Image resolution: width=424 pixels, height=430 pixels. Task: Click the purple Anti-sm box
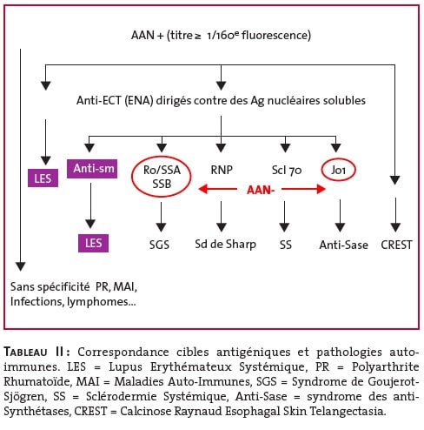(92, 169)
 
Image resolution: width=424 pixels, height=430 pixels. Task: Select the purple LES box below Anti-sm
(93, 243)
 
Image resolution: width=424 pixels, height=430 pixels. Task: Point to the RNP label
(222, 170)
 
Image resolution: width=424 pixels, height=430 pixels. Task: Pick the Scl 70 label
(287, 171)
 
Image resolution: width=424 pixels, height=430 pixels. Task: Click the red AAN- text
(261, 190)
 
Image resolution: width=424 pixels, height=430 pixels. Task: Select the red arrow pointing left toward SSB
(217, 189)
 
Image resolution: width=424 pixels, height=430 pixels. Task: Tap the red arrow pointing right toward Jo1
(303, 189)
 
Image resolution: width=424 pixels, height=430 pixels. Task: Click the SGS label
(159, 245)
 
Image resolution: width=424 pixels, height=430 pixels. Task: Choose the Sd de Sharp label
(225, 245)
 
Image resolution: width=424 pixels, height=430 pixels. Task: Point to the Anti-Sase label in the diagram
(343, 245)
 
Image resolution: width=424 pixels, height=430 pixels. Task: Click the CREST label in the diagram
(396, 245)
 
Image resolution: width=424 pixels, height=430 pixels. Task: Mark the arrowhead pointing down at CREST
(395, 227)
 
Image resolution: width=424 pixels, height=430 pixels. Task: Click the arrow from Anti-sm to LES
(90, 205)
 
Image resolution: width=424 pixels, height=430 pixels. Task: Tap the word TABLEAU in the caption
(25, 353)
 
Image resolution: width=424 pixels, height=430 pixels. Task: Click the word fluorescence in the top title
(276, 36)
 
